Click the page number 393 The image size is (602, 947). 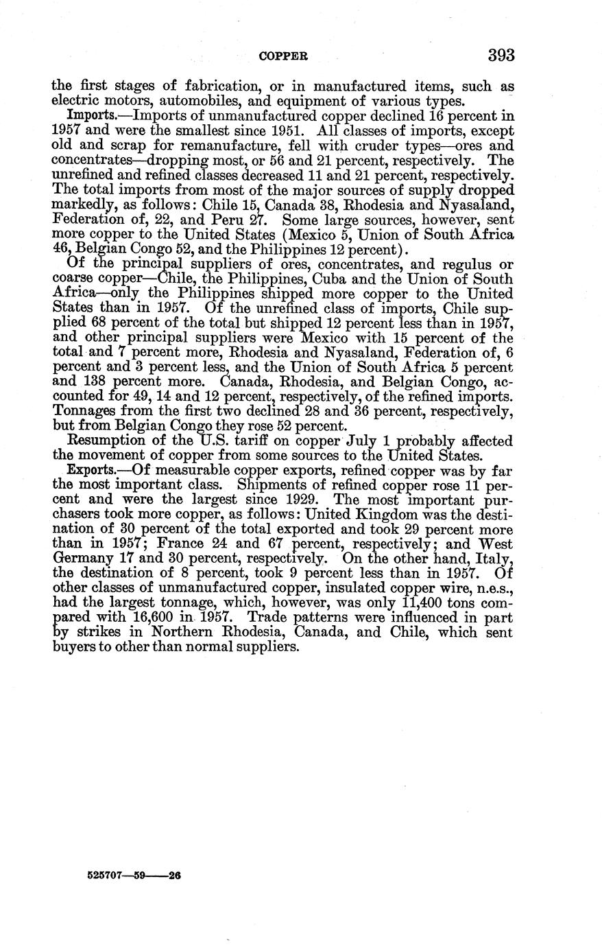pyautogui.click(x=501, y=55)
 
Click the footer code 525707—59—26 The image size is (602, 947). pyautogui.click(x=134, y=876)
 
